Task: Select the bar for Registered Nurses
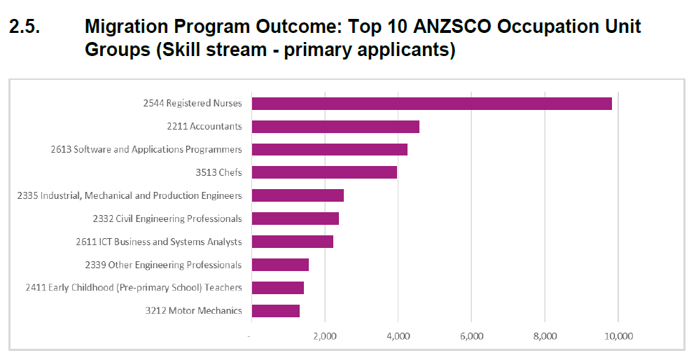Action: (x=431, y=104)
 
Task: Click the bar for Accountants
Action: (x=335, y=127)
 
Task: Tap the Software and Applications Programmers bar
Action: (x=329, y=149)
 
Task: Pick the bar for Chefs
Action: (x=324, y=172)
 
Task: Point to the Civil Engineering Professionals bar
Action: (x=295, y=219)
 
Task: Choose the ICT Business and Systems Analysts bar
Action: (x=292, y=242)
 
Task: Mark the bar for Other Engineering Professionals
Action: (x=280, y=265)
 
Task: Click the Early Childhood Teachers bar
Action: (x=277, y=288)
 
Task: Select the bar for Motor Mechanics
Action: (x=275, y=311)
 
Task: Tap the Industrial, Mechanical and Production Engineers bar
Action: (x=298, y=195)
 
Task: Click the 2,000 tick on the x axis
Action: (x=325, y=337)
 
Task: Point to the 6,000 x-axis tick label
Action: (x=472, y=337)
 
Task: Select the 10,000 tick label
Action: (x=618, y=337)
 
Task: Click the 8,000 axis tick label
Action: (x=545, y=337)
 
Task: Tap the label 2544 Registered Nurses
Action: (x=193, y=104)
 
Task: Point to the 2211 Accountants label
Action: (x=204, y=127)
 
